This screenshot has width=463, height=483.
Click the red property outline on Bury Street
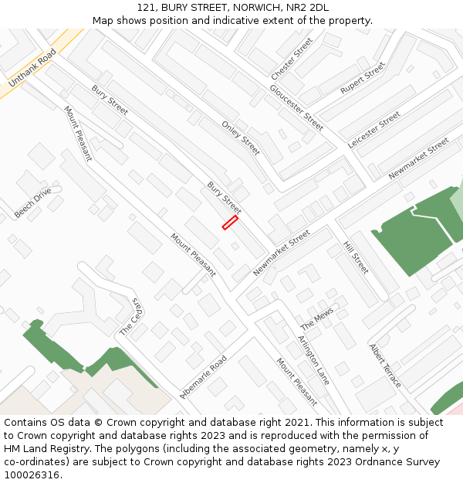click(230, 223)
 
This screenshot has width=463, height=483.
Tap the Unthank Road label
click(32, 68)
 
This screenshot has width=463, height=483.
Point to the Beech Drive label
click(32, 202)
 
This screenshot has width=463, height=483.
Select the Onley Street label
click(241, 138)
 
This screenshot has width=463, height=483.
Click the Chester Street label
click(292, 59)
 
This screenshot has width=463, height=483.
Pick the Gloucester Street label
click(296, 107)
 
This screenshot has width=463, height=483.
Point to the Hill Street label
click(356, 257)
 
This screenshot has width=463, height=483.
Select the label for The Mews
click(316, 318)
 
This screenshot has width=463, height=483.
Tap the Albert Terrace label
click(385, 366)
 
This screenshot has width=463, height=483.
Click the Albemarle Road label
click(203, 376)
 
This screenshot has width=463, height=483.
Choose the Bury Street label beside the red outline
click(224, 198)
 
